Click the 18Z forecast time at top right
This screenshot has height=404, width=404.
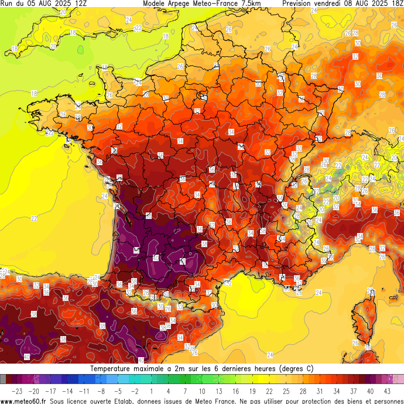(396, 4)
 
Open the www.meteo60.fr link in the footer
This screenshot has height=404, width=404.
(24, 400)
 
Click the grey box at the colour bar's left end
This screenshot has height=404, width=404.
(3, 379)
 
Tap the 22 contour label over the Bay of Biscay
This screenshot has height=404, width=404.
(34, 218)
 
